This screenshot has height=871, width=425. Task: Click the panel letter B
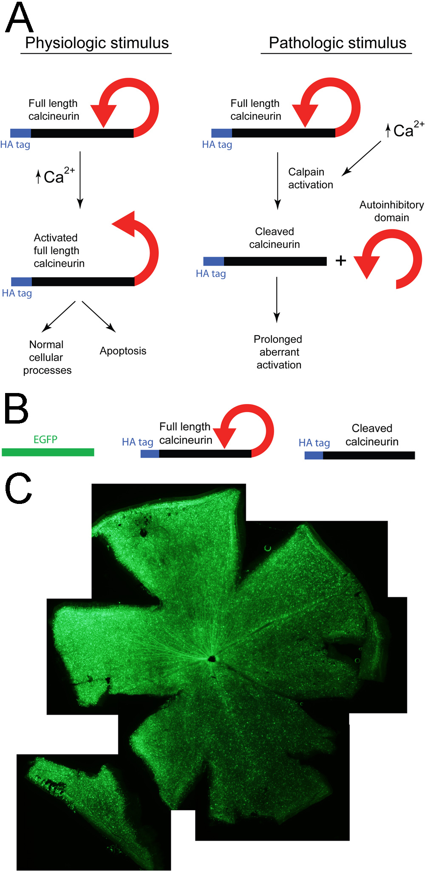click(16, 409)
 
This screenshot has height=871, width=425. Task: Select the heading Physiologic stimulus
click(97, 43)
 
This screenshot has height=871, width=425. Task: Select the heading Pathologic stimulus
click(337, 43)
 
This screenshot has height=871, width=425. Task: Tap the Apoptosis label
click(123, 351)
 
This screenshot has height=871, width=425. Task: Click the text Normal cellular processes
click(47, 357)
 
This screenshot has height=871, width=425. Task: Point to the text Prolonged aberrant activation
click(278, 352)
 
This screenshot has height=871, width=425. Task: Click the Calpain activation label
click(310, 178)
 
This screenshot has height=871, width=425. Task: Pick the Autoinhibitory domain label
click(391, 211)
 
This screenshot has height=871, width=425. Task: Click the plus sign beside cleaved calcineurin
click(340, 260)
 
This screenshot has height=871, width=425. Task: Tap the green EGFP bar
click(48, 452)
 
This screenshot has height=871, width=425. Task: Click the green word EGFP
click(45, 439)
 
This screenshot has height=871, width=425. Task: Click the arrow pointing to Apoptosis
click(99, 317)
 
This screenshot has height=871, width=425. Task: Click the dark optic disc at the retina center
click(212, 659)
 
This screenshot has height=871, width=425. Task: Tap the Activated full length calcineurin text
click(59, 251)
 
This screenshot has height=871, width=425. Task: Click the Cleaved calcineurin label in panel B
click(372, 435)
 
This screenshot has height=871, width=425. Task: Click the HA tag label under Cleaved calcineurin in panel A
click(211, 274)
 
